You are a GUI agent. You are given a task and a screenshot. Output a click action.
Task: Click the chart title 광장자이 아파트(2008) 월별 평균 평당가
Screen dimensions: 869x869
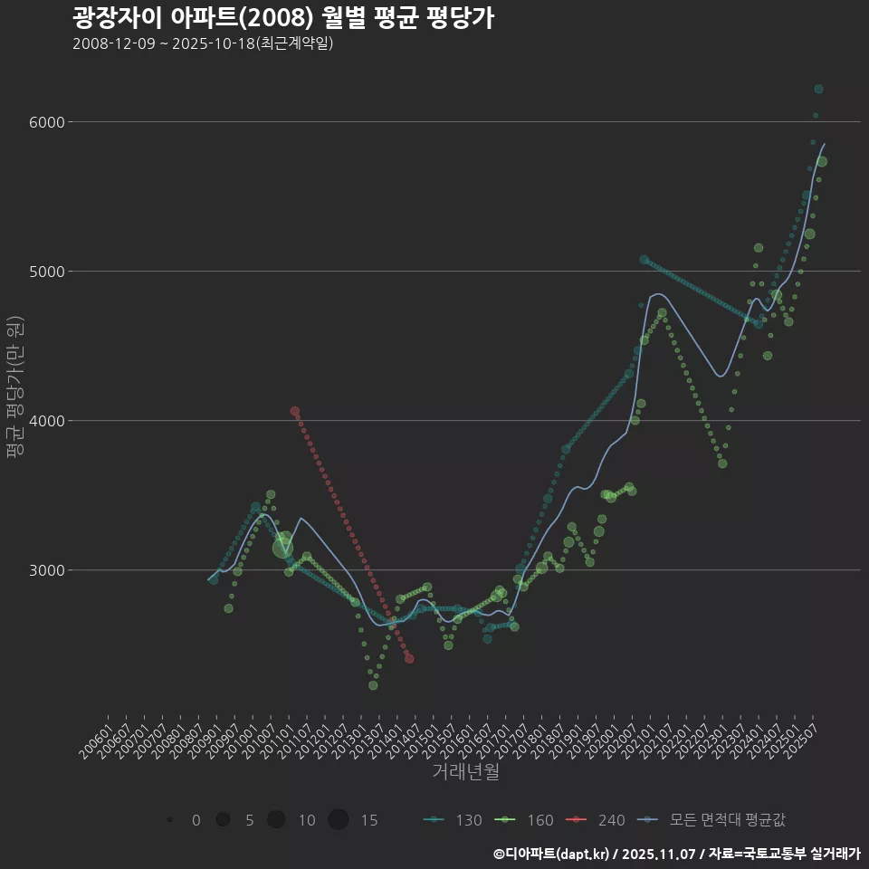pyautogui.click(x=282, y=18)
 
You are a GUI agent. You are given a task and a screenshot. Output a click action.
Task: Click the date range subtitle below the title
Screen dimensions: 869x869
pyautogui.click(x=203, y=43)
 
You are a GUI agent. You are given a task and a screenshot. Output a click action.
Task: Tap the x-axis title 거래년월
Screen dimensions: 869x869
pyautogui.click(x=465, y=772)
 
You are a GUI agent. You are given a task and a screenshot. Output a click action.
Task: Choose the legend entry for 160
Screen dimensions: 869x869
pyautogui.click(x=524, y=820)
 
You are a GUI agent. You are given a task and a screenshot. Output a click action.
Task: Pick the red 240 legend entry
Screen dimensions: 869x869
pyautogui.click(x=596, y=820)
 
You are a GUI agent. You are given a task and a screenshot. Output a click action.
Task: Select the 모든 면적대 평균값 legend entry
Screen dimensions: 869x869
pyautogui.click(x=711, y=820)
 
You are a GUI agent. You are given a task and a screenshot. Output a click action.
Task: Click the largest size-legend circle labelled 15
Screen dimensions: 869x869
pyautogui.click(x=339, y=820)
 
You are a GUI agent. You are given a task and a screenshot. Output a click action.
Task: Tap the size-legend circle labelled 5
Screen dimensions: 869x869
pyautogui.click(x=223, y=820)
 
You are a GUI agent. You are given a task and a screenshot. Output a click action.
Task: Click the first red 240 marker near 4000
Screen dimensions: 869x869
pyautogui.click(x=295, y=411)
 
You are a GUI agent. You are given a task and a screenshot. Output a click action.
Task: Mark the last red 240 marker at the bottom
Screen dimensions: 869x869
pyautogui.click(x=409, y=658)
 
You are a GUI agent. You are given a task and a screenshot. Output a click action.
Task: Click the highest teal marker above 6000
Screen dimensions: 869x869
pyautogui.click(x=818, y=89)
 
